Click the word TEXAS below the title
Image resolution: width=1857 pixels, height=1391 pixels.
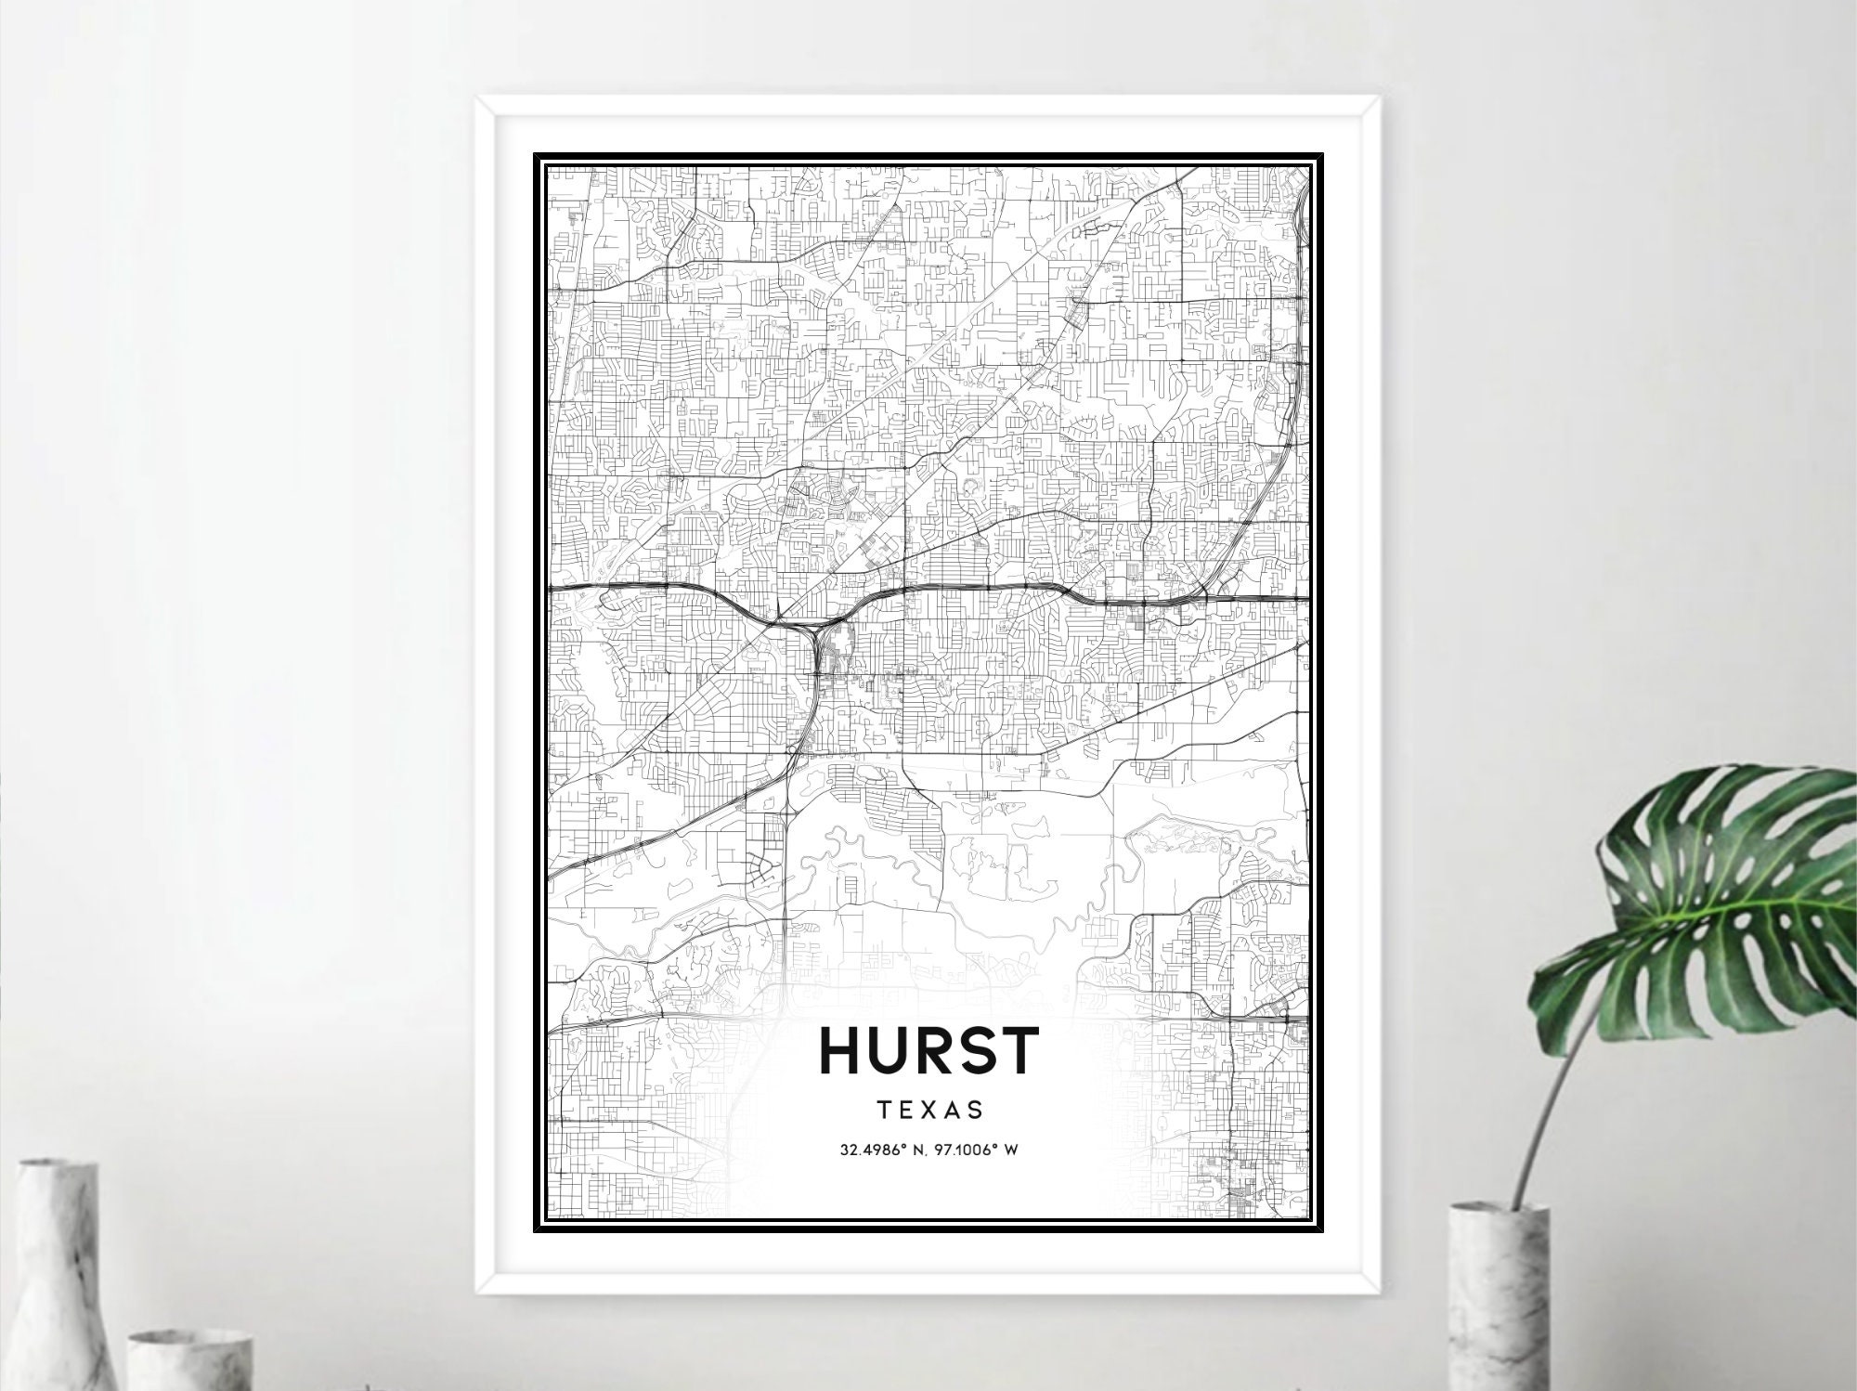[x=928, y=1109]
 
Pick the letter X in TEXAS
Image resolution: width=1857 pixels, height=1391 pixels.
[x=928, y=1109]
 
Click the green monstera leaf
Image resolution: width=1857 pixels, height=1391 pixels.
[x=1718, y=891]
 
